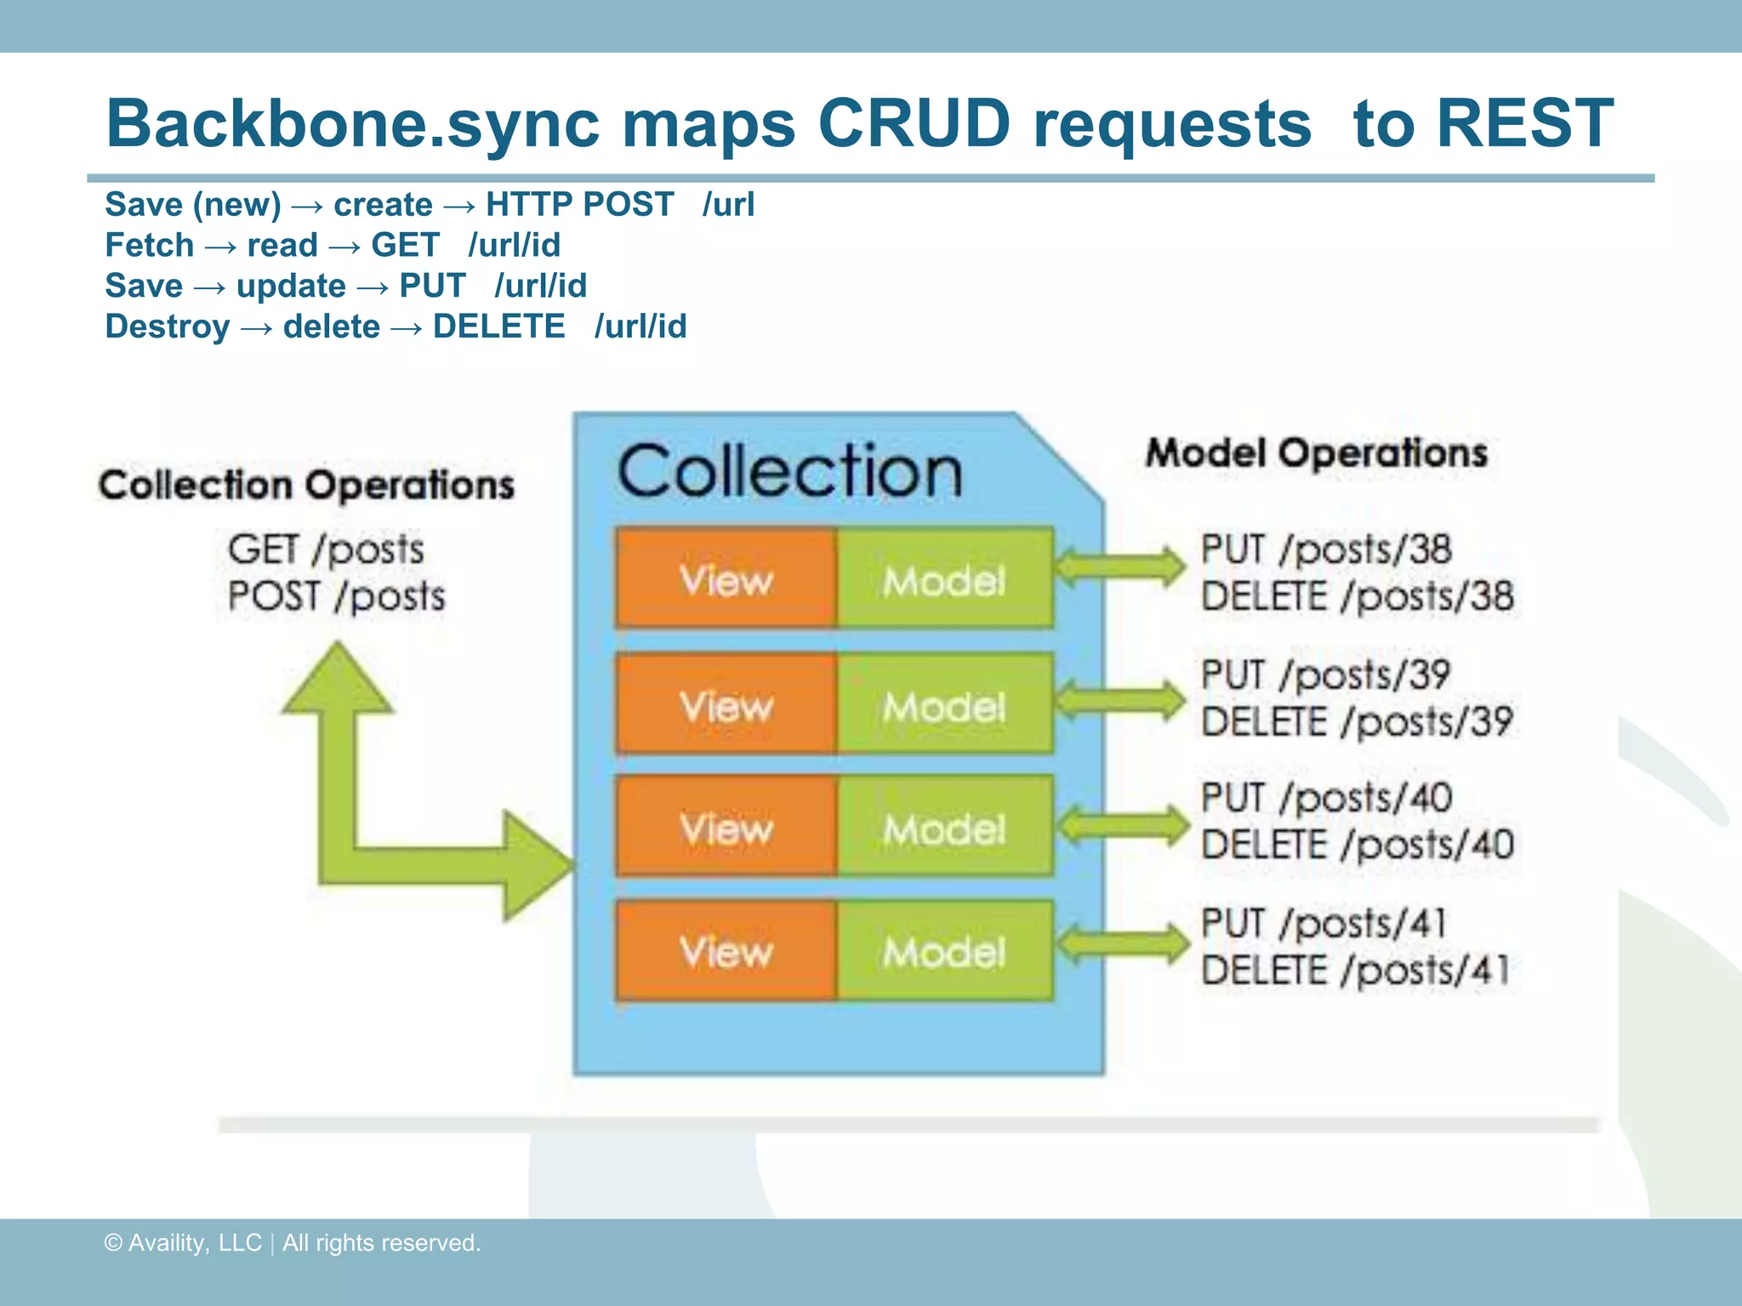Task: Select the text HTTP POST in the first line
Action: tap(579, 205)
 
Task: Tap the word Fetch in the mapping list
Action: tap(150, 246)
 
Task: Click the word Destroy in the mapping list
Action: tap(168, 327)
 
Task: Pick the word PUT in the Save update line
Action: tap(432, 287)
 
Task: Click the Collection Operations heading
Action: tap(306, 485)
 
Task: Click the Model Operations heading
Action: tap(1317, 453)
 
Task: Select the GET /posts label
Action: tap(326, 549)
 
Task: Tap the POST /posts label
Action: tap(336, 596)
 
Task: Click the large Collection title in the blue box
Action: tap(789, 473)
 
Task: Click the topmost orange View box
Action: tap(726, 580)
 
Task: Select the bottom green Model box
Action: tap(944, 951)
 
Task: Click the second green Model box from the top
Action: tap(944, 706)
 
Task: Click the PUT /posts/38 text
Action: tap(1325, 550)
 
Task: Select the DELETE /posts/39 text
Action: tap(1357, 723)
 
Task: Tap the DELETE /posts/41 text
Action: tap(1355, 970)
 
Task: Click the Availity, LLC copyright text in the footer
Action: tap(292, 1243)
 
